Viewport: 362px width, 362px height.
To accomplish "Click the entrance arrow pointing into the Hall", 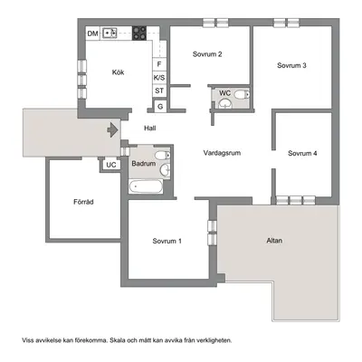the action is [x=113, y=130].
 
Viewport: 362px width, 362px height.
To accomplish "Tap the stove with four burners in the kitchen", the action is [x=139, y=33].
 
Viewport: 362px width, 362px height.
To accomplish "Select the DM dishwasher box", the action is [x=93, y=33].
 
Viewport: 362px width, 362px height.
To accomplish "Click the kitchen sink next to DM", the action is [x=110, y=33].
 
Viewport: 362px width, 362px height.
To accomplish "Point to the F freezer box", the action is [x=159, y=64].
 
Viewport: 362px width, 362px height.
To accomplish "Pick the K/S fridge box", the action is [x=159, y=78].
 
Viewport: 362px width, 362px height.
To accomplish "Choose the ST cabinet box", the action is [x=159, y=90].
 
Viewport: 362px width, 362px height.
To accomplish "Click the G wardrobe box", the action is [x=160, y=107].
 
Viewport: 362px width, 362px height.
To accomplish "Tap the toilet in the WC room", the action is [x=243, y=95].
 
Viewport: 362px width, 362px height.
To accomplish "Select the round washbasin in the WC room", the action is [x=225, y=103].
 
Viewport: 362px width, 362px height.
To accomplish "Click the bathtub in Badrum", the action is [x=146, y=187].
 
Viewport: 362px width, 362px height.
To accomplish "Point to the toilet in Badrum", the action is [x=163, y=156].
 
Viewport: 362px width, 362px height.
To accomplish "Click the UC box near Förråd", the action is [x=111, y=165].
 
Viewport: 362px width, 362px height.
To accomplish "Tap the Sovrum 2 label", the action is [x=207, y=54].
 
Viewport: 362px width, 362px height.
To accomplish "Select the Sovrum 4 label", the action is [x=302, y=153].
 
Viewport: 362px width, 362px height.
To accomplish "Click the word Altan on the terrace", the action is [x=274, y=241].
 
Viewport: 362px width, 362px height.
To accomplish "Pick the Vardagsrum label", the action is [x=222, y=153].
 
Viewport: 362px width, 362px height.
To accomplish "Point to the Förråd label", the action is [x=83, y=202].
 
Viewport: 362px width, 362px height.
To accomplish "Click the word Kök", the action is [x=118, y=72].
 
